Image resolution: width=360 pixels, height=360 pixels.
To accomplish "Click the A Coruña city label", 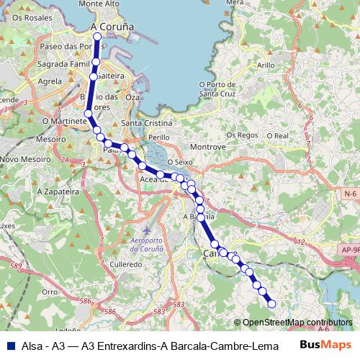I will click(113, 27).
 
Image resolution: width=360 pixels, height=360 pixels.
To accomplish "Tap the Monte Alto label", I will click(99, 4).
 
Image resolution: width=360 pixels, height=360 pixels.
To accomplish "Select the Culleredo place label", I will click(125, 264).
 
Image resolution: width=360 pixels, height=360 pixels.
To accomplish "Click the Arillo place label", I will click(266, 65).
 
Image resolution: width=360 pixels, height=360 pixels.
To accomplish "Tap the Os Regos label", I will click(242, 135).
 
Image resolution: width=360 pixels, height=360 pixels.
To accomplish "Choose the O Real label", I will click(277, 135).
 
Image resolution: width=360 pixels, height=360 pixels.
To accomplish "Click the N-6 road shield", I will click(351, 194).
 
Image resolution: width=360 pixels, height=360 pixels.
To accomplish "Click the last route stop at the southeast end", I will click(272, 304).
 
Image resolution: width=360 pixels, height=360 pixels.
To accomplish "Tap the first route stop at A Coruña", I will click(98, 36).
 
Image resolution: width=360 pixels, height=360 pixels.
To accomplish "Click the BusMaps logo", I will click(326, 346).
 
